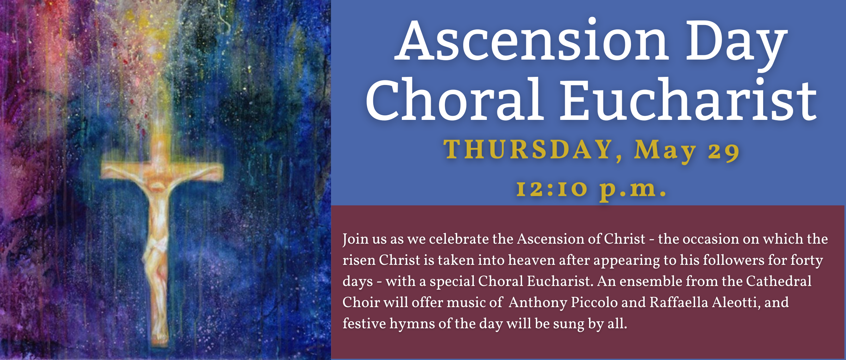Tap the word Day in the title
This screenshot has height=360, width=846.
tap(737, 44)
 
